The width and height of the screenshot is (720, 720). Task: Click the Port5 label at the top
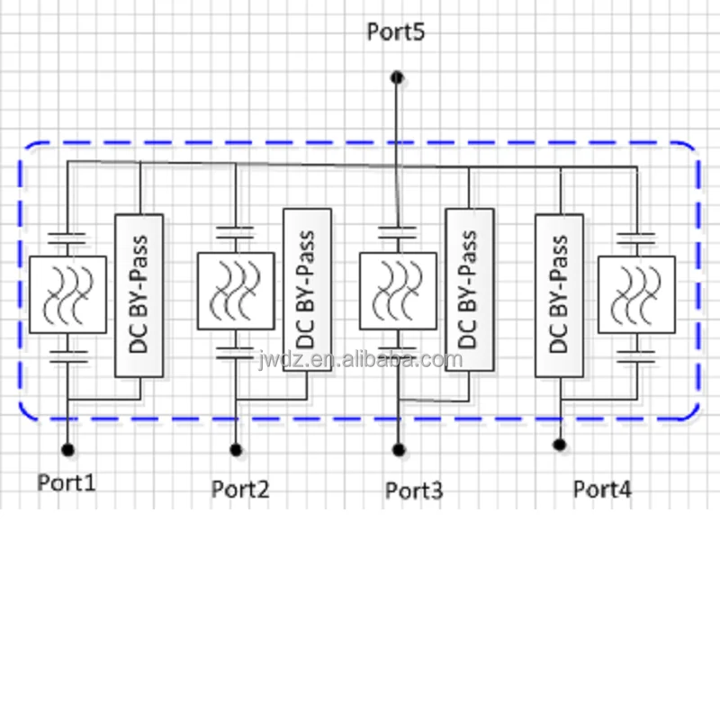pyautogui.click(x=396, y=31)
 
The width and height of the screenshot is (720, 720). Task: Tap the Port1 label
pyautogui.click(x=67, y=482)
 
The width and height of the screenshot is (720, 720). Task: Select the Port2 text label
pyautogui.click(x=240, y=490)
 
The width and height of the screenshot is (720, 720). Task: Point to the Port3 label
pyautogui.click(x=414, y=490)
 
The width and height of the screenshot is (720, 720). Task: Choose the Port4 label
pyautogui.click(x=603, y=490)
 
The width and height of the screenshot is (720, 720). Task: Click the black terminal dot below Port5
pyautogui.click(x=396, y=77)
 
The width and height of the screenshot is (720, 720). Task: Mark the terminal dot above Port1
pyautogui.click(x=67, y=448)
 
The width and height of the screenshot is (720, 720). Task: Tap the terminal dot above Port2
pyautogui.click(x=236, y=449)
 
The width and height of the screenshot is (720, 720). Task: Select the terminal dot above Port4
pyautogui.click(x=560, y=445)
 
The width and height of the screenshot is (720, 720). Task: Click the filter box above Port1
pyautogui.click(x=67, y=294)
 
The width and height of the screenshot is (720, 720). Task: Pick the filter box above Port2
pyautogui.click(x=236, y=292)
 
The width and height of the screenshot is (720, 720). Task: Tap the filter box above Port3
pyautogui.click(x=398, y=292)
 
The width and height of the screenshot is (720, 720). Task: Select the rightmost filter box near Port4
pyautogui.click(x=636, y=294)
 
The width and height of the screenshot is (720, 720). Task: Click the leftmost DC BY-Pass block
pyautogui.click(x=139, y=295)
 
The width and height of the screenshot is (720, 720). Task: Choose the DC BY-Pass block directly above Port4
pyautogui.click(x=560, y=295)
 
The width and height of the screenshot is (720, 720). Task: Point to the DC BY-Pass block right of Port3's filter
pyautogui.click(x=470, y=290)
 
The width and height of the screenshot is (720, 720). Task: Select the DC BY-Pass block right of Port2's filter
pyautogui.click(x=307, y=290)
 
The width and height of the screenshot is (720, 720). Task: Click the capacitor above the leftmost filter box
pyautogui.click(x=67, y=238)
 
